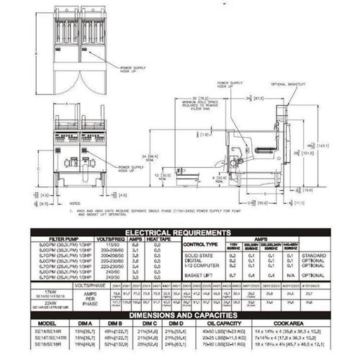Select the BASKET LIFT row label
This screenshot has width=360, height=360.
[235, 274]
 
